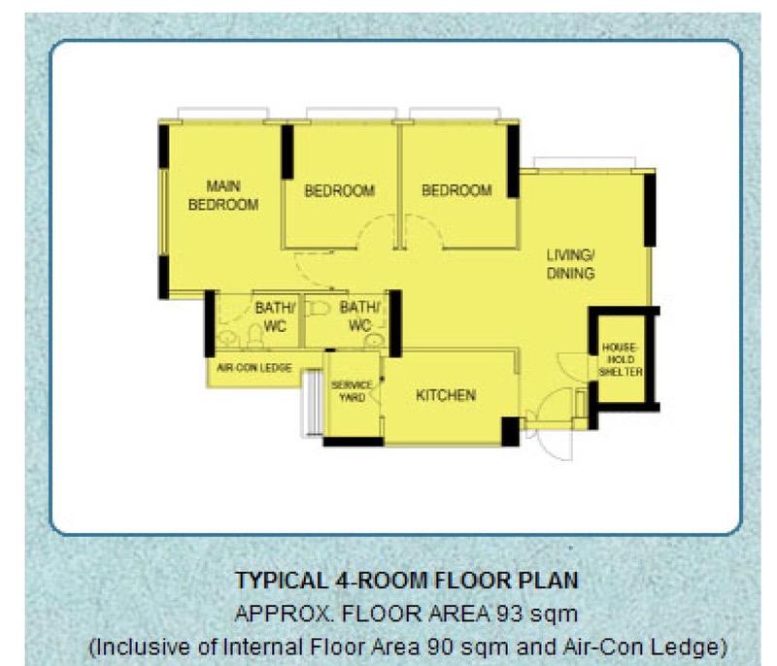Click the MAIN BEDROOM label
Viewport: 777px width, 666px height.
223,195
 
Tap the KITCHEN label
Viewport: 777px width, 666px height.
446,395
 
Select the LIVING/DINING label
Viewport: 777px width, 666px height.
570,264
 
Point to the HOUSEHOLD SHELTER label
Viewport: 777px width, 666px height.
621,360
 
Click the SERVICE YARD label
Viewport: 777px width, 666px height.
352,391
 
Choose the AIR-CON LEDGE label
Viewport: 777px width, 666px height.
254,368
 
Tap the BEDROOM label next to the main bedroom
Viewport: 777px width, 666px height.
339,190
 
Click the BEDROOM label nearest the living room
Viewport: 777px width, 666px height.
456,190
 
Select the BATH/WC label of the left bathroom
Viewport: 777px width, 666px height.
276,316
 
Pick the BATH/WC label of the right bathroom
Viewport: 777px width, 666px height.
360,316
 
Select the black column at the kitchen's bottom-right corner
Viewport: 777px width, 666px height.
511,431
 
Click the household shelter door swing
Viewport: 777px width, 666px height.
573,364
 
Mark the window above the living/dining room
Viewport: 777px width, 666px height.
585,163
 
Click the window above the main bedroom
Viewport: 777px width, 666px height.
223,113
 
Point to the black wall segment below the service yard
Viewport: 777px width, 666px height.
354,442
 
